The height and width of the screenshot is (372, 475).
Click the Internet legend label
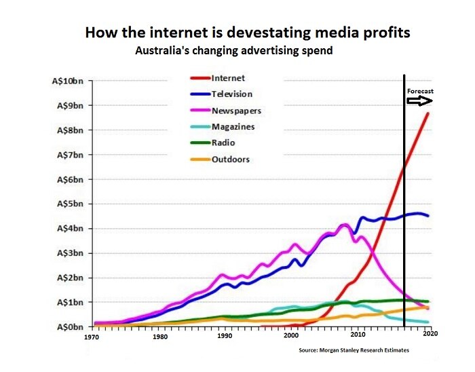pos(229,78)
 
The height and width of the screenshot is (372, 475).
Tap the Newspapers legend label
pos(237,111)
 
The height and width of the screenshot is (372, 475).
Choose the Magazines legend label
pos(234,127)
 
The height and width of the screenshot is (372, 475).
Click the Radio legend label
pos(224,143)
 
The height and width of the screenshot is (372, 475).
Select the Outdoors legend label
pos(231,160)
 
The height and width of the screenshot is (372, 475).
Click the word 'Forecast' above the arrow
pos(420,91)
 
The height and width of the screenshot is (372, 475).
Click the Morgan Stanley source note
pos(354,351)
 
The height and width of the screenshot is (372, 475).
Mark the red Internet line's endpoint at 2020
pos(427,113)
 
